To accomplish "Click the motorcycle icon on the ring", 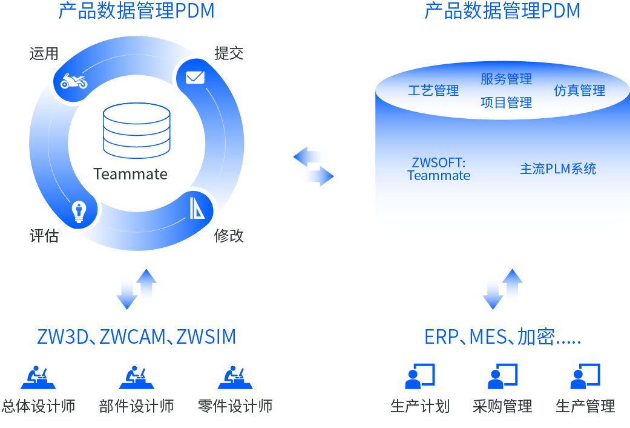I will coord(74,81).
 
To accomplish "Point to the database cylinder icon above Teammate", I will coord(137,131).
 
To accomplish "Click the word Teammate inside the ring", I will coord(131,175).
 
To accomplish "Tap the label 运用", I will coord(44,53).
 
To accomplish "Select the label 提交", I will coord(229,53).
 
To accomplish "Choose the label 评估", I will coord(44,236).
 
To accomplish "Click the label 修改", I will coord(229,236).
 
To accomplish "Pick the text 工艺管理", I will coord(433,91).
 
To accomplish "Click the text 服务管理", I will coord(507,79).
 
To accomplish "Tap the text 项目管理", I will coord(507,102).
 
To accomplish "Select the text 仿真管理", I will coord(580,91).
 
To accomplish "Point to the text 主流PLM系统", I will coord(558,169).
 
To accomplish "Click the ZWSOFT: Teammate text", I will coord(439,169).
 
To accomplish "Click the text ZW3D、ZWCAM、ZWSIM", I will coord(137,337).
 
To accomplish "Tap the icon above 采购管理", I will coord(502,376).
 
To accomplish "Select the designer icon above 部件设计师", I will coord(136,377).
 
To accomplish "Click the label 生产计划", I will coord(420,406).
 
